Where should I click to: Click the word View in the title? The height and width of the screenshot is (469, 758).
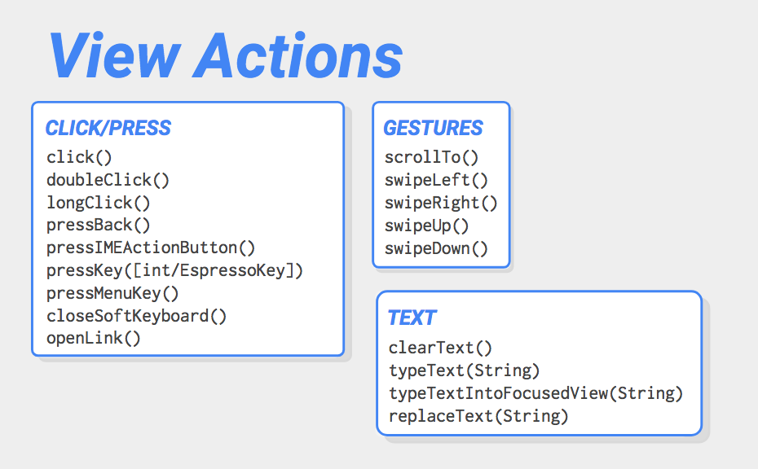115,55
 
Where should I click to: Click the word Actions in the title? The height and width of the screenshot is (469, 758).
297,55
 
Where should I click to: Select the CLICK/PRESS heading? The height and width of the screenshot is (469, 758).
108,128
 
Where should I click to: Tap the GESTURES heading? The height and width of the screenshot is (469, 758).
433,128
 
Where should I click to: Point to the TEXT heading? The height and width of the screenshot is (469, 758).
412,318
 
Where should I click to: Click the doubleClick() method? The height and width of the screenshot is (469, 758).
108,180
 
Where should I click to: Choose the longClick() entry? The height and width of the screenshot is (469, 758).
99,203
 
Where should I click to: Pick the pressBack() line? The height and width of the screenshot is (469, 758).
99,225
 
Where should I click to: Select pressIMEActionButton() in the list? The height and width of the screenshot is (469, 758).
151,248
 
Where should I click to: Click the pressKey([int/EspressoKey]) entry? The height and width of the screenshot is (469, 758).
174,270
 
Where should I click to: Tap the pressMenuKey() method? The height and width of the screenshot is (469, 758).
112,293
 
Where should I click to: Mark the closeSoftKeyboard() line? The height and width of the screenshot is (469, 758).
136,316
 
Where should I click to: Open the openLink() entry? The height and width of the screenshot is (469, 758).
93,338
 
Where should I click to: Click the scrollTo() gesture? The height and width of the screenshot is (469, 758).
431,157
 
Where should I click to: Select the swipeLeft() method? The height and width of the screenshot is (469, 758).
436,180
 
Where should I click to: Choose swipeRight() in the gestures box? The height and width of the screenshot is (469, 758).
441,203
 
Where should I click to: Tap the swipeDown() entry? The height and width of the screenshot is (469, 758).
436,248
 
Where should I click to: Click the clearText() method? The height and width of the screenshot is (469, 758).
440,348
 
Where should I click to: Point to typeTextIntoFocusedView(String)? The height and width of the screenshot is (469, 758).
536,393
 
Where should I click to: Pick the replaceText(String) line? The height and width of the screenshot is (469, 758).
478,416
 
